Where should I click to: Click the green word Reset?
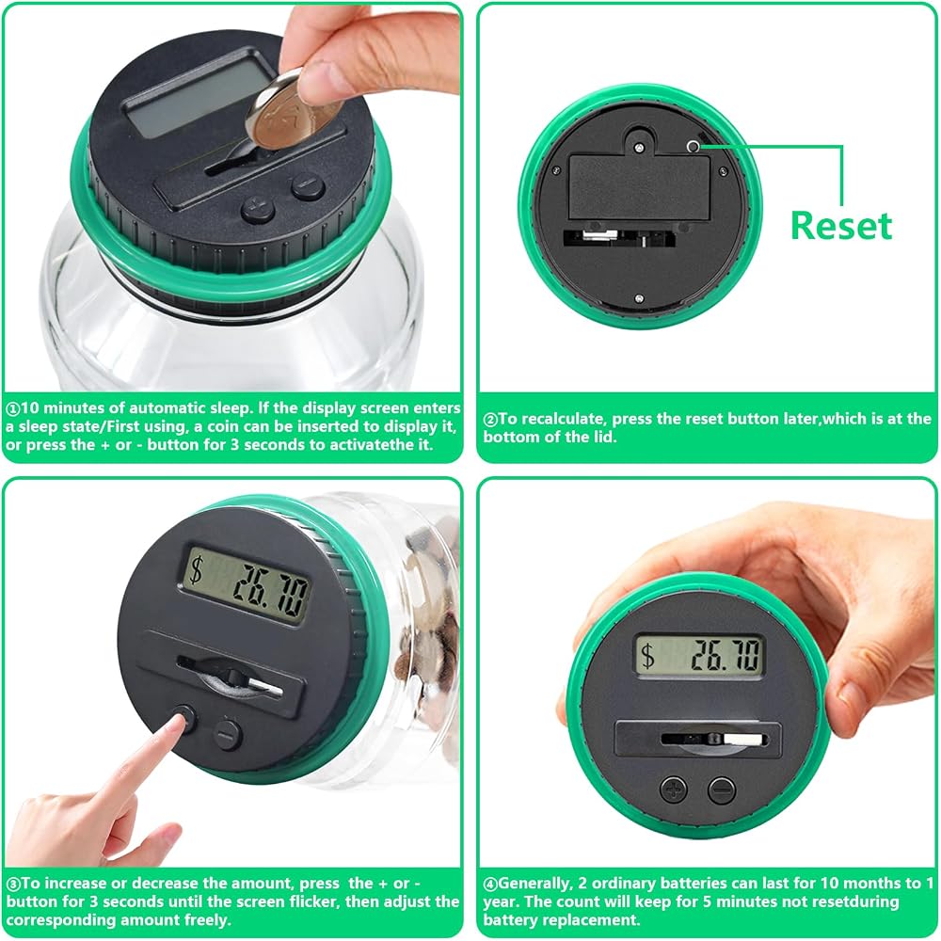(840, 226)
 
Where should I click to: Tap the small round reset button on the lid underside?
(694, 146)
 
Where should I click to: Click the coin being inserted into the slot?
(288, 109)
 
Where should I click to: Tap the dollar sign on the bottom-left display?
(196, 569)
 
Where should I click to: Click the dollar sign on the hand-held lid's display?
(647, 655)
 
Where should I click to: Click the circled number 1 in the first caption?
(13, 408)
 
